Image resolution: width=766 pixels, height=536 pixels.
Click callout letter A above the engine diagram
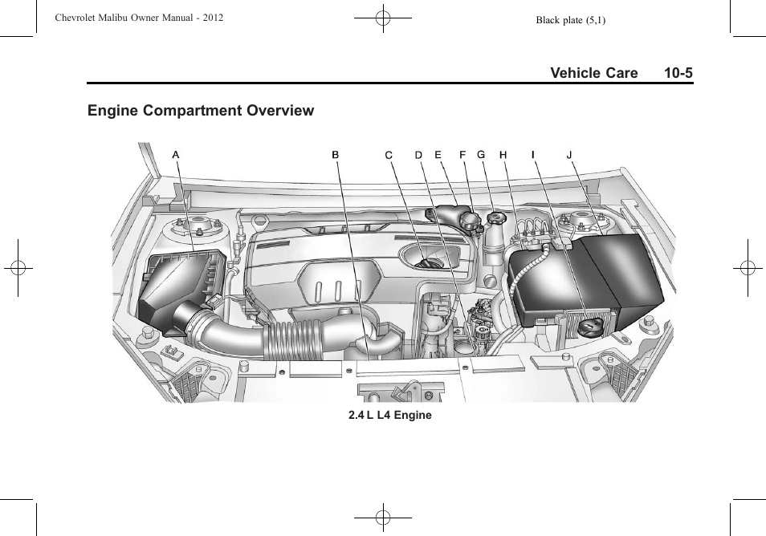176,155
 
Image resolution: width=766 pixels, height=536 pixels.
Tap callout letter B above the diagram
336,155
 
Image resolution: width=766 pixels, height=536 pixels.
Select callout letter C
389,155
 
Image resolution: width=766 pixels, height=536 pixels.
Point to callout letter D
418,155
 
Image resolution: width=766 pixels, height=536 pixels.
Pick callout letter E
438,155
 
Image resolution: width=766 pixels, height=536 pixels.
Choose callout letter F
462,155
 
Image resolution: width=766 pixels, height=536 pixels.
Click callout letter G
481,155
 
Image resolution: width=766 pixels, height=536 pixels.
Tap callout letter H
503,155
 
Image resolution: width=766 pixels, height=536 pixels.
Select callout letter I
533,155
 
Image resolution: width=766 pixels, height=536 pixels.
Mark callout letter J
569,155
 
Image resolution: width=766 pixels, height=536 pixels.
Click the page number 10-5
678,73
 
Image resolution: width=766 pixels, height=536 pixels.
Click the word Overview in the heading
280,110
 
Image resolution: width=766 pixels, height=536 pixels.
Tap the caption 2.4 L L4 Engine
390,415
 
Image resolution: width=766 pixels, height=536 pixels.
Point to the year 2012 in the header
213,18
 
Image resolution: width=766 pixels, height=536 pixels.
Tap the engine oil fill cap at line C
429,264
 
